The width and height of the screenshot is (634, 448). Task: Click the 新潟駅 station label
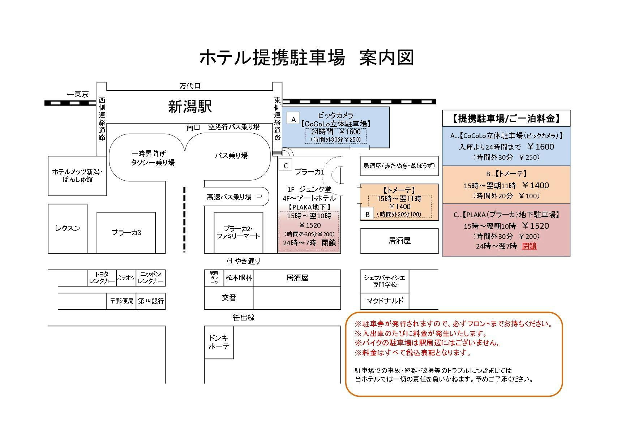click(190, 107)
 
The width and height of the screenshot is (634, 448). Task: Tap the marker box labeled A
click(294, 119)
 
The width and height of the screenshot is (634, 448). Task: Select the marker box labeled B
click(367, 214)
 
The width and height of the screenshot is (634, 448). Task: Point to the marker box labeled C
click(286, 166)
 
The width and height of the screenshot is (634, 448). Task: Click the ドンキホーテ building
click(219, 342)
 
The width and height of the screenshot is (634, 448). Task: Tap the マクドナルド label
click(384, 301)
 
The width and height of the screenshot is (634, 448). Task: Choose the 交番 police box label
click(229, 298)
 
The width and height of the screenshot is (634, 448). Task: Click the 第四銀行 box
click(151, 301)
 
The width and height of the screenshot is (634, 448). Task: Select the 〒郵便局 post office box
click(121, 301)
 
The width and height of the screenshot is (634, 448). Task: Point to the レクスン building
click(68, 228)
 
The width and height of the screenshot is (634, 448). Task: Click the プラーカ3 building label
click(126, 233)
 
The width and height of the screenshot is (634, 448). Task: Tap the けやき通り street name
click(244, 261)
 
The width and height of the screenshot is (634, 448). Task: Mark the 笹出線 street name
click(244, 318)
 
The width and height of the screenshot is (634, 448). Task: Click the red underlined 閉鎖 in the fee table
click(529, 246)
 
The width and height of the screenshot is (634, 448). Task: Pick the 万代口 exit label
click(190, 86)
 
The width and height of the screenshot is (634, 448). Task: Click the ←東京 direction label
click(77, 95)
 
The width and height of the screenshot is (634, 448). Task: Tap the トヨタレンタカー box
click(102, 278)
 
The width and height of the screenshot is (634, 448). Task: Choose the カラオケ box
click(126, 278)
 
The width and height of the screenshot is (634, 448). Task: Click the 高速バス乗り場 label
click(229, 197)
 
